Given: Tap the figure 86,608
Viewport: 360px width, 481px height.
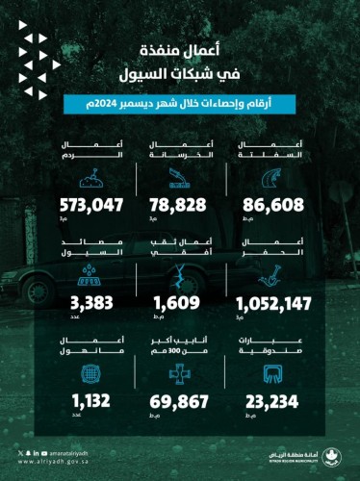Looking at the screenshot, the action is pyautogui.click(x=274, y=205).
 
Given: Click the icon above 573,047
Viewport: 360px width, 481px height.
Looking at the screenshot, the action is pyautogui.click(x=90, y=178).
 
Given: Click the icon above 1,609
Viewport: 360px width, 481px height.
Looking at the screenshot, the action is pyautogui.click(x=180, y=278).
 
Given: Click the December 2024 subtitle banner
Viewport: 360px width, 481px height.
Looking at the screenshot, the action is pyautogui.click(x=179, y=104).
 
